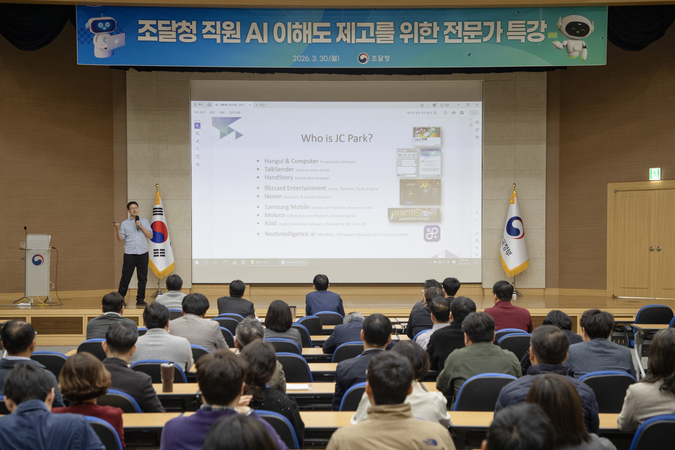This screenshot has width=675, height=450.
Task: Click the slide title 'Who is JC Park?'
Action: click(337, 138)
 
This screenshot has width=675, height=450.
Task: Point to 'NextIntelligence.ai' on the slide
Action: click(290, 234)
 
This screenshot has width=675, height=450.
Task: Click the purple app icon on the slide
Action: click(432, 233)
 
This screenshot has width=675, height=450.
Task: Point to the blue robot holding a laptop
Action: click(105, 36)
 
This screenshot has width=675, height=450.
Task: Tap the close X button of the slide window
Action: click(477, 105)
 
